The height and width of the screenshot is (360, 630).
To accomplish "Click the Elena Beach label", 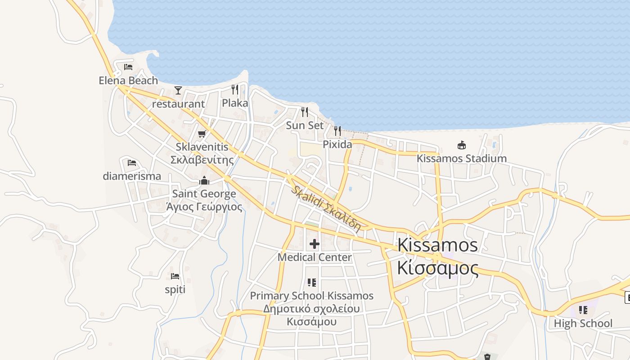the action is pyautogui.click(x=128, y=81).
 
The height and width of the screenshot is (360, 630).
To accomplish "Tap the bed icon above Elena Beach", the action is pyautogui.click(x=128, y=67).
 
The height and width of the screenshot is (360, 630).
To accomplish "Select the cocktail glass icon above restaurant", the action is pyautogui.click(x=178, y=90).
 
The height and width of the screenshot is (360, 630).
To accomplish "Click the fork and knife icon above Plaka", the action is pyautogui.click(x=235, y=89).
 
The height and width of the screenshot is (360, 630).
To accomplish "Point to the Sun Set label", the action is pyautogui.click(x=305, y=126).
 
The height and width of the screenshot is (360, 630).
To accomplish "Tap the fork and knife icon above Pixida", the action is pyautogui.click(x=337, y=131).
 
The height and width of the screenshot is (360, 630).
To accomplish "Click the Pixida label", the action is pyautogui.click(x=337, y=144).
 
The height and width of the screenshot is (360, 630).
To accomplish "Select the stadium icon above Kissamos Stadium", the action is pyautogui.click(x=461, y=145).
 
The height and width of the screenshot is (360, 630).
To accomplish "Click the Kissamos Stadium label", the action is pyautogui.click(x=461, y=158).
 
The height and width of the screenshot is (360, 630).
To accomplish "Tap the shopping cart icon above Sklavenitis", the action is pyautogui.click(x=202, y=134).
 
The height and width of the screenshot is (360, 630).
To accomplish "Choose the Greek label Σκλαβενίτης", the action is pyautogui.click(x=202, y=160).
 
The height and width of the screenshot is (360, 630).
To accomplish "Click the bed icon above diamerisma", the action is pyautogui.click(x=132, y=162).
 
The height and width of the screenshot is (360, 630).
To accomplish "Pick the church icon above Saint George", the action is pyautogui.click(x=204, y=180).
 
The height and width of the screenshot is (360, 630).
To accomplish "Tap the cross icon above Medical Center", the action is pyautogui.click(x=315, y=244).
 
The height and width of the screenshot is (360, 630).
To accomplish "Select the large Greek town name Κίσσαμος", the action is pyautogui.click(x=437, y=268).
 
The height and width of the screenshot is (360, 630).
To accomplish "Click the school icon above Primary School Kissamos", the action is pyautogui.click(x=312, y=283).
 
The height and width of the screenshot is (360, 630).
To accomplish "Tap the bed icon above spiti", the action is pyautogui.click(x=175, y=276).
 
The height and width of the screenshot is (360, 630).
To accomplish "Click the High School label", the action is pyautogui.click(x=583, y=324).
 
